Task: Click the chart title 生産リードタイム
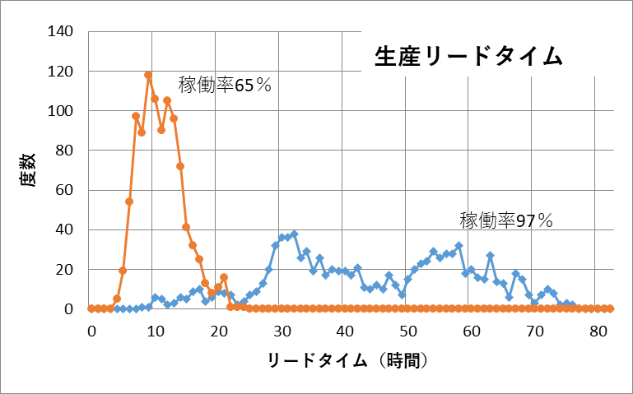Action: pos(468,55)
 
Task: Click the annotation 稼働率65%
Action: pos(225,84)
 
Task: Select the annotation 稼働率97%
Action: pos(506,220)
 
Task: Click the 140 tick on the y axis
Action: pos(63,32)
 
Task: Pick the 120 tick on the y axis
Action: pos(63,72)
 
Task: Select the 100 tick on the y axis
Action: pos(63,111)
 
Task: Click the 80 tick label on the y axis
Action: pos(67,151)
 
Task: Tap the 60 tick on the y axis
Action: pos(67,190)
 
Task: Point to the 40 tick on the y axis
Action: pos(67,229)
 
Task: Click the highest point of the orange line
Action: pos(148,75)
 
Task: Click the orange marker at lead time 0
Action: pos(91,308)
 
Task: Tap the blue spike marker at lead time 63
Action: pos(490,256)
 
